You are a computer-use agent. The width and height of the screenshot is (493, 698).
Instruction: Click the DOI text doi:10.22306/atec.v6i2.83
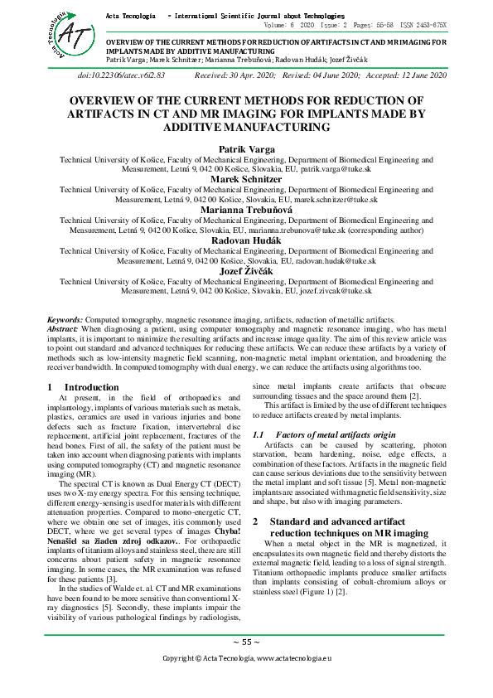click(121, 75)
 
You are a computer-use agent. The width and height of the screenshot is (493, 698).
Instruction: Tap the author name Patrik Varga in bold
click(246, 149)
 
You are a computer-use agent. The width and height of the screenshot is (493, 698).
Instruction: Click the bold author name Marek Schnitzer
click(246, 179)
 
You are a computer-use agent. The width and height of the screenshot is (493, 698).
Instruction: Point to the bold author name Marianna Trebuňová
click(246, 211)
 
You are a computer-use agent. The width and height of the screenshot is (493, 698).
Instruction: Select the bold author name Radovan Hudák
click(246, 240)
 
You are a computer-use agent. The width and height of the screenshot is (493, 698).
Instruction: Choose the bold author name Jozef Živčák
click(246, 271)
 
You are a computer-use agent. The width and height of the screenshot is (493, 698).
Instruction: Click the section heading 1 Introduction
click(80, 387)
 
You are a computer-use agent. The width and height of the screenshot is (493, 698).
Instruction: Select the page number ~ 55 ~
click(246, 642)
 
